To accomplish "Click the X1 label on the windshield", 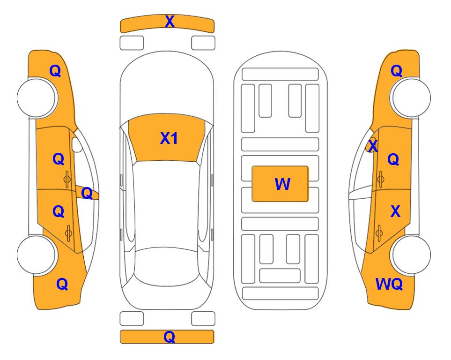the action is click(x=169, y=138).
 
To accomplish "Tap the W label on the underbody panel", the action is click(x=282, y=184).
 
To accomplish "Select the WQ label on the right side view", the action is click(x=389, y=284).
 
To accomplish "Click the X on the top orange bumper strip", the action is click(x=170, y=21).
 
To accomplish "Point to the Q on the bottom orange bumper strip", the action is click(x=170, y=337).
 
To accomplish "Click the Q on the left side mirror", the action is click(x=87, y=193).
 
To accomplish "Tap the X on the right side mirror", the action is click(x=373, y=145).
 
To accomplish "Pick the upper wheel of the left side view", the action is click(x=37, y=98).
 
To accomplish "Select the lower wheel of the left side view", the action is click(x=37, y=255).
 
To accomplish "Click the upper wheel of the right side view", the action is click(x=411, y=97).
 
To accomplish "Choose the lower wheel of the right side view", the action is click(x=411, y=255).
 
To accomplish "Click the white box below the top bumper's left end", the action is click(x=132, y=43).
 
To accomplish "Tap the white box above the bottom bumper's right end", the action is click(x=203, y=319).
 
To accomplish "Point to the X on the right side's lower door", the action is click(x=395, y=211).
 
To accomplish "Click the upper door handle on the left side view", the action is click(x=67, y=179).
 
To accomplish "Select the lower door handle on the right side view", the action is click(x=379, y=233).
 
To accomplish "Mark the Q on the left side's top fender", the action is click(x=55, y=71).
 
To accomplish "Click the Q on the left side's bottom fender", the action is click(x=62, y=284).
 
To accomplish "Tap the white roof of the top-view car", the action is click(x=167, y=204).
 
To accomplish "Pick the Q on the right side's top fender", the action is click(x=396, y=71).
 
